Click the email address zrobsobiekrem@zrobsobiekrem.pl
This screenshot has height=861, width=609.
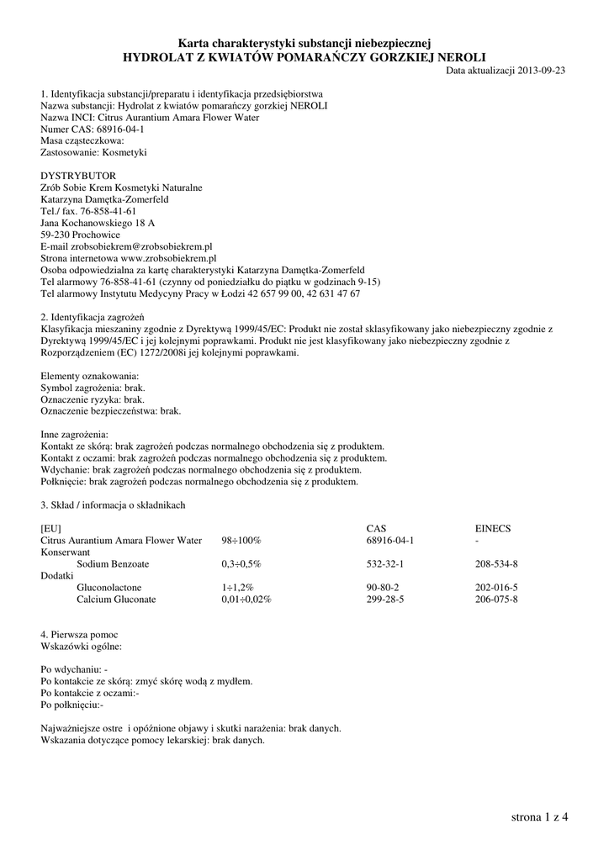pyautogui.click(x=143, y=246)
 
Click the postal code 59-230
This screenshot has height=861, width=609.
pyautogui.click(x=56, y=235)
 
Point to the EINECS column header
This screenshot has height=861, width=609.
pyautogui.click(x=493, y=528)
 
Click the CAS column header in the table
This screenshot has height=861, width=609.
pyautogui.click(x=376, y=528)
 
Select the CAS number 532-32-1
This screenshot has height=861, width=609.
pyautogui.click(x=386, y=563)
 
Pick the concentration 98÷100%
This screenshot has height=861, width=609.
pyautogui.click(x=241, y=540)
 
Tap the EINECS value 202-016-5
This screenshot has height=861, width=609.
pyautogui.click(x=496, y=587)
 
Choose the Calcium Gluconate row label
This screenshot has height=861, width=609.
pyautogui.click(x=116, y=599)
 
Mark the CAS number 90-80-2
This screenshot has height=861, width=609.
pyautogui.click(x=383, y=587)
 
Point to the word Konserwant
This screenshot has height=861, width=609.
pyautogui.click(x=66, y=552)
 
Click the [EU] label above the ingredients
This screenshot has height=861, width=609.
pyautogui.click(x=51, y=528)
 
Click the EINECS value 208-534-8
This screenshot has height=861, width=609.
pyautogui.click(x=496, y=563)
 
